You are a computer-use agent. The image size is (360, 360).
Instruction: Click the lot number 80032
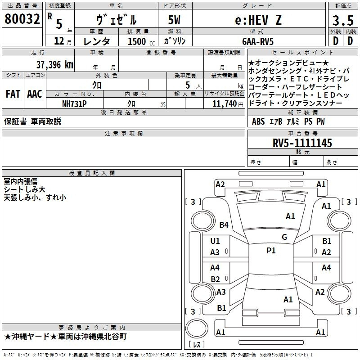(22, 19)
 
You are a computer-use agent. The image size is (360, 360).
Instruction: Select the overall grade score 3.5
(342, 20)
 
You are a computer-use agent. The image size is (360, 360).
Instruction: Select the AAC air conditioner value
(35, 94)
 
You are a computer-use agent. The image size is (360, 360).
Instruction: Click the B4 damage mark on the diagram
(224, 225)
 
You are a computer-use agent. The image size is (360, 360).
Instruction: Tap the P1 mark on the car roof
(271, 251)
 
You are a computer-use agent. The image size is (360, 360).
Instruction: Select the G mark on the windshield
(284, 237)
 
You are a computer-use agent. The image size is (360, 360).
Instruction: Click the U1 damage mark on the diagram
(215, 241)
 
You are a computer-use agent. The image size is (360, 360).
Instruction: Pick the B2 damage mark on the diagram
(215, 279)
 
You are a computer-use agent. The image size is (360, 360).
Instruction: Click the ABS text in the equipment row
(258, 121)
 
